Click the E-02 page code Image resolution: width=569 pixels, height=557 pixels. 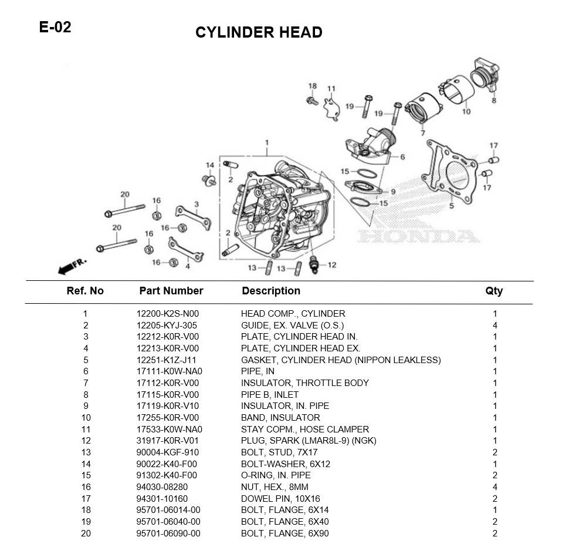coord(55,27)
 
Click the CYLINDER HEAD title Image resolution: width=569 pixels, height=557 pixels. coord(259,32)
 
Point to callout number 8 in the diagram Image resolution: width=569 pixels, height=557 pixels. coord(493,100)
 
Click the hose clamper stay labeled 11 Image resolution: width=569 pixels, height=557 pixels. coord(331,109)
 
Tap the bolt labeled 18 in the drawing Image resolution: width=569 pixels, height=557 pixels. coord(312,100)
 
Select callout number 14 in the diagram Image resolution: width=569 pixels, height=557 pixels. coord(209,165)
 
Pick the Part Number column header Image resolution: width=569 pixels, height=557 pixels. coord(171,291)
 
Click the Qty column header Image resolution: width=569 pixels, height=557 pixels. coord(494,291)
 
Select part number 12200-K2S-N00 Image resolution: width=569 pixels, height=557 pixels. coord(167,314)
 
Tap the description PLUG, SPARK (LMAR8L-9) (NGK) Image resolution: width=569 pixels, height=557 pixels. coord(309,441)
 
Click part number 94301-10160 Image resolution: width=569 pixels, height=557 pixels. coord(162,498)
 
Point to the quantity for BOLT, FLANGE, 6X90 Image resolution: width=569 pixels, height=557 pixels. coord(495,533)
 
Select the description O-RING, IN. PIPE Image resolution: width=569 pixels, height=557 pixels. coord(276,475)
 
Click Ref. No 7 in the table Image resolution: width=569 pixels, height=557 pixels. coord(85,383)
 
